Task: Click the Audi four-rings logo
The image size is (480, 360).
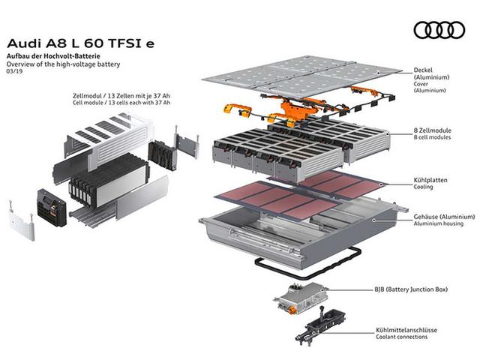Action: pos(439,30)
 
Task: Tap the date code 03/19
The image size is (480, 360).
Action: pos(13,73)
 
